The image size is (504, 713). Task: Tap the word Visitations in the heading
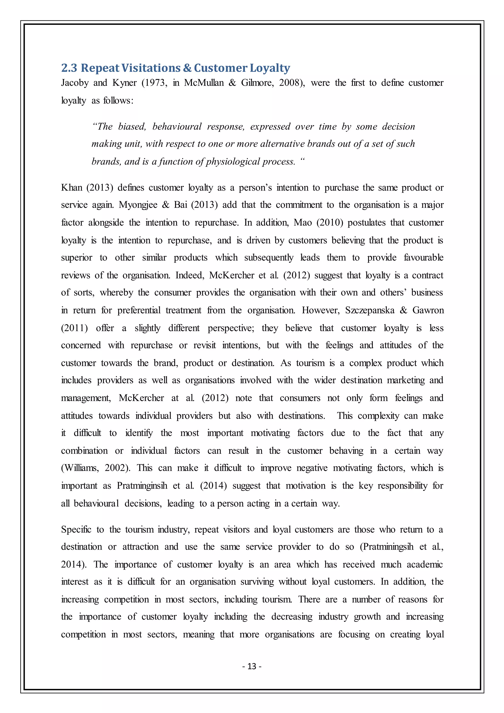click(x=151, y=68)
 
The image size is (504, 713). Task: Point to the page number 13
click(x=252, y=666)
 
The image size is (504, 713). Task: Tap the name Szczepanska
click(x=370, y=310)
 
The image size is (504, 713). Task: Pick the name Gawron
click(x=428, y=310)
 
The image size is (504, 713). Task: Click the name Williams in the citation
click(x=81, y=468)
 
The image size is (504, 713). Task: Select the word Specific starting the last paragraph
click(x=76, y=530)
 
